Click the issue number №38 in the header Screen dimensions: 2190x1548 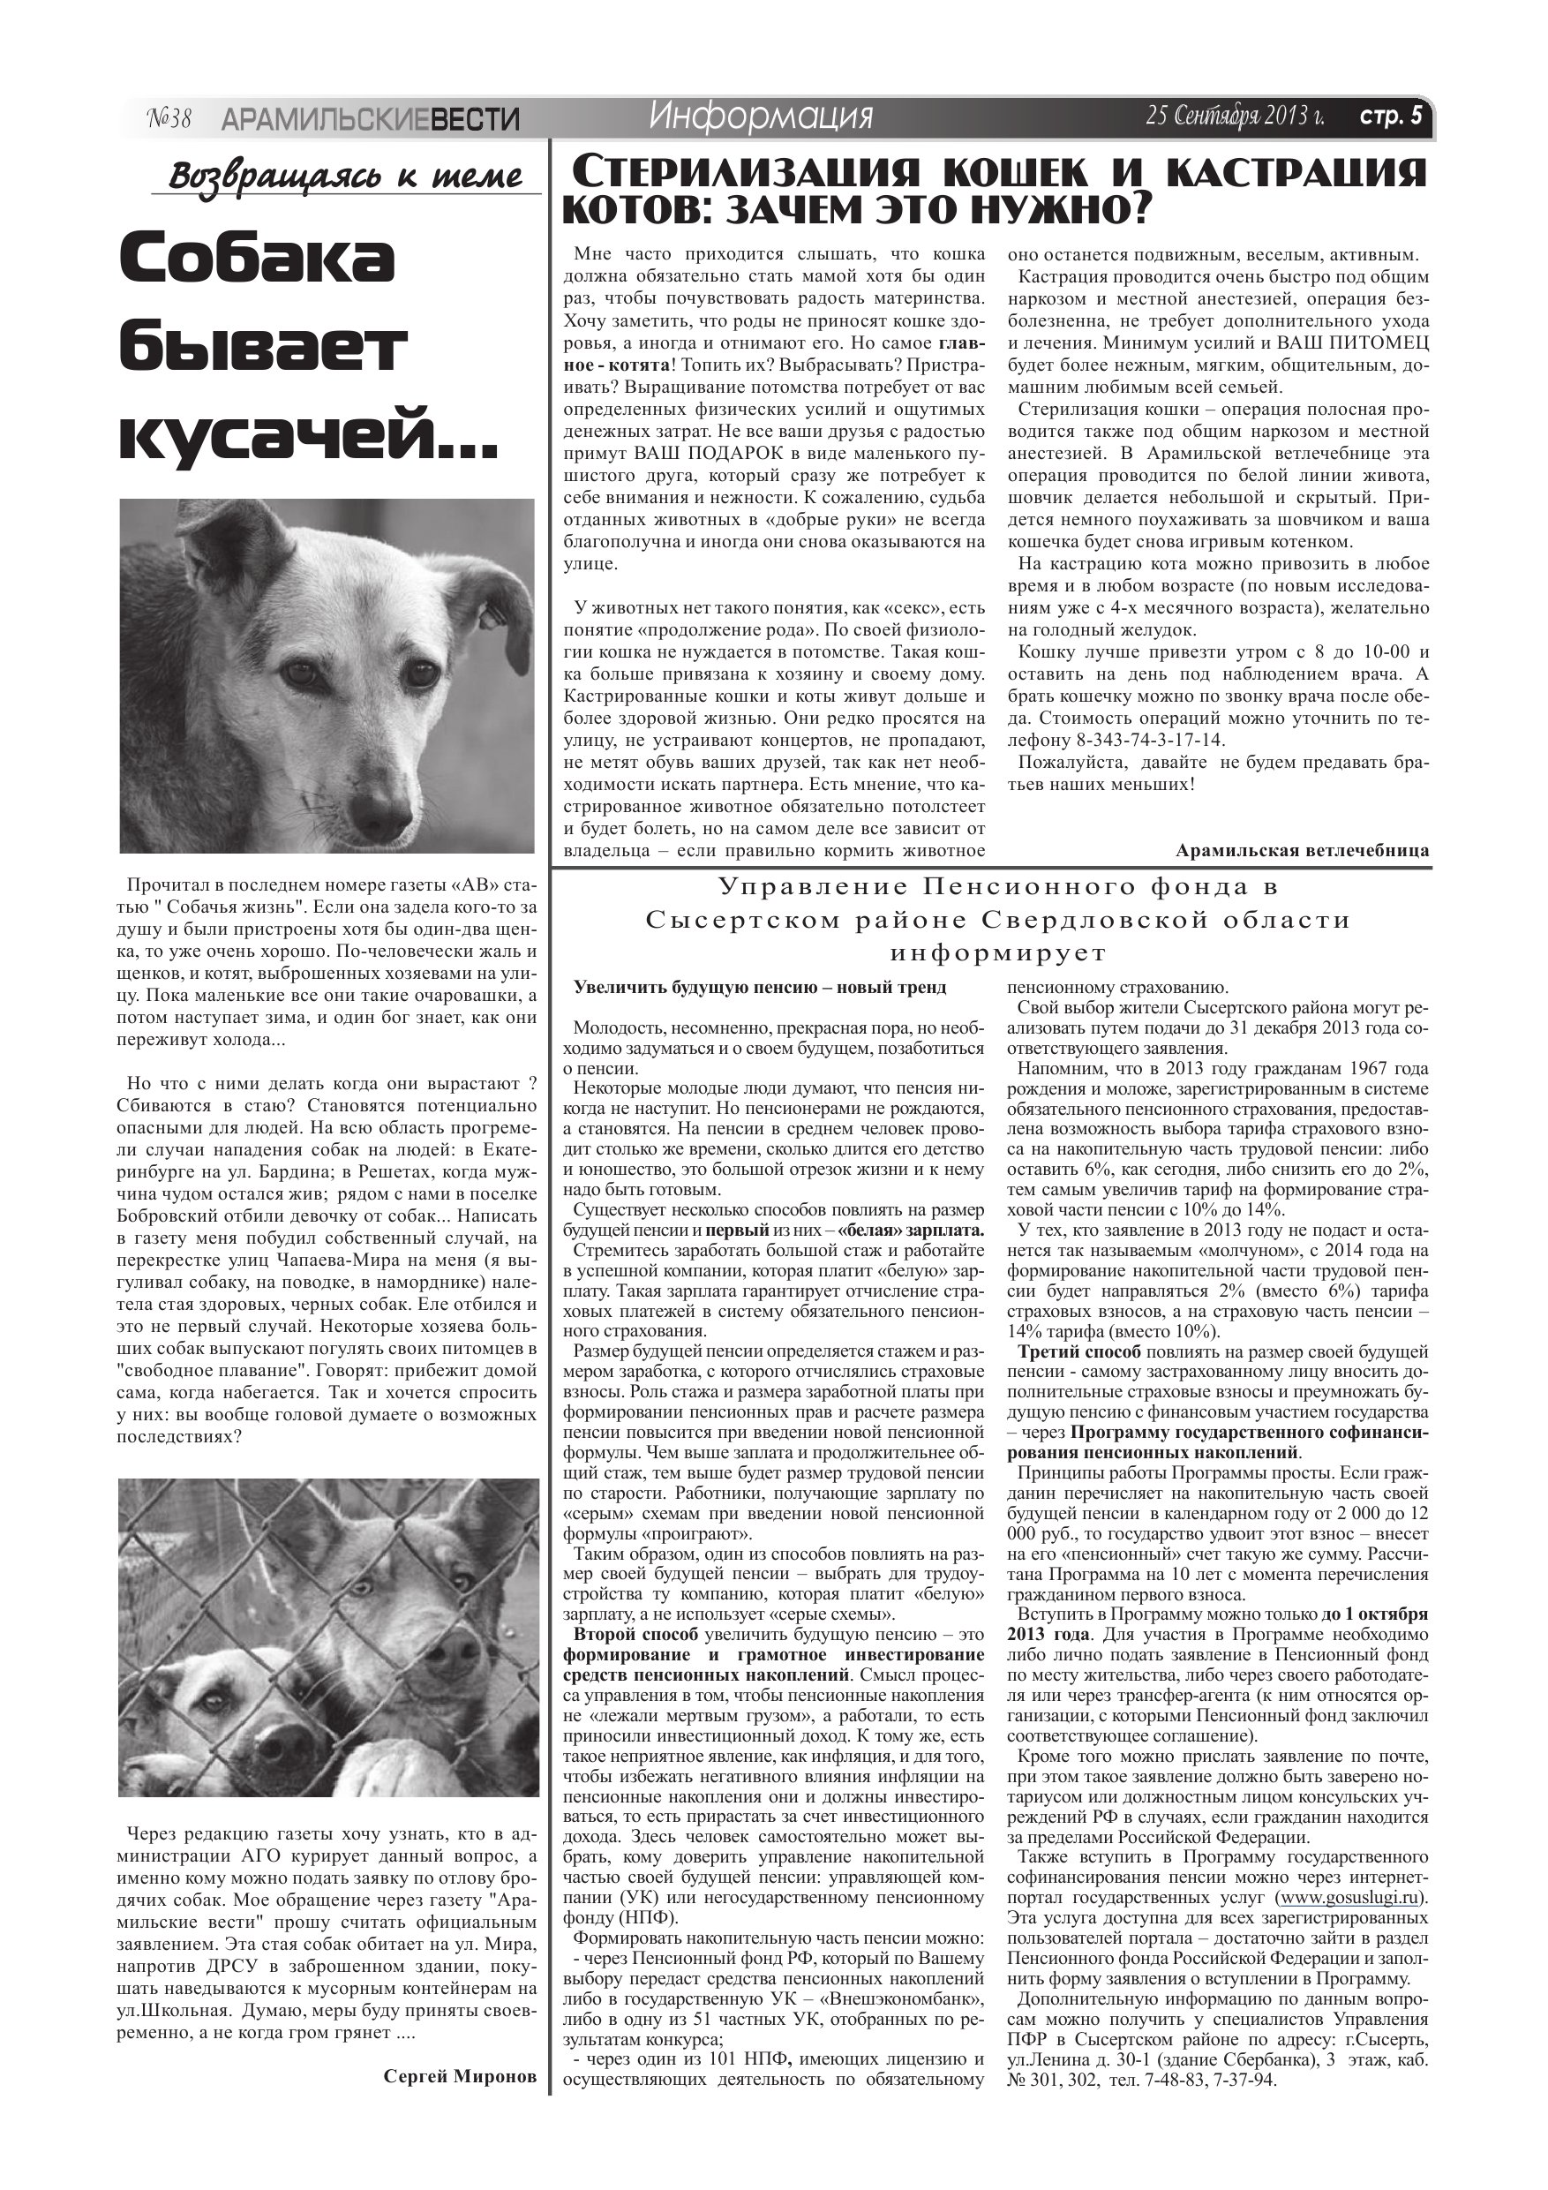[x=169, y=118]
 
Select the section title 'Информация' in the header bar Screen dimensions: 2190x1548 [x=760, y=117]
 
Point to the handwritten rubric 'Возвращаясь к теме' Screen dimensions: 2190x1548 [x=345, y=177]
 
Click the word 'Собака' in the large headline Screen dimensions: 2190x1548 [x=258, y=260]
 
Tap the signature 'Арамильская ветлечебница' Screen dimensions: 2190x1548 [x=1302, y=849]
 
